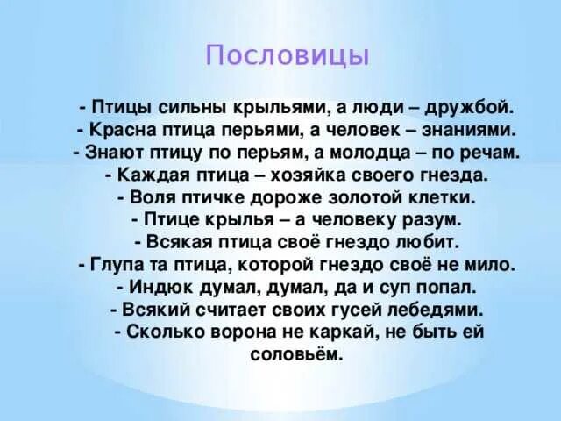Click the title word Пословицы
point(288,56)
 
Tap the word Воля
point(155,197)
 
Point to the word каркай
point(338,332)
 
